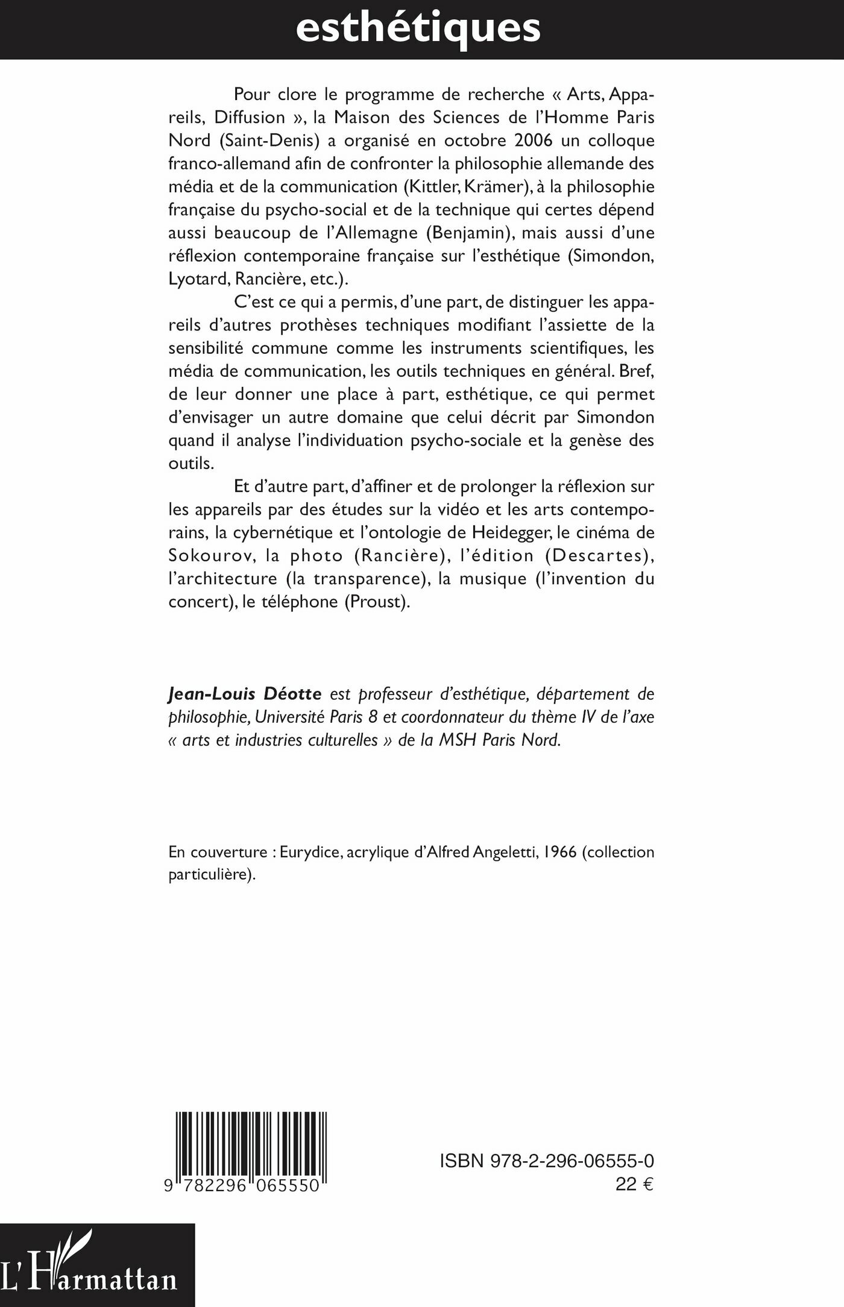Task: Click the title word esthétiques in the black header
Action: (418, 27)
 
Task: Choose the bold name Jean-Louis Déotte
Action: (245, 694)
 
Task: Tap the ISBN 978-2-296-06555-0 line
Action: (547, 1161)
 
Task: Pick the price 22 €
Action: (634, 1184)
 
